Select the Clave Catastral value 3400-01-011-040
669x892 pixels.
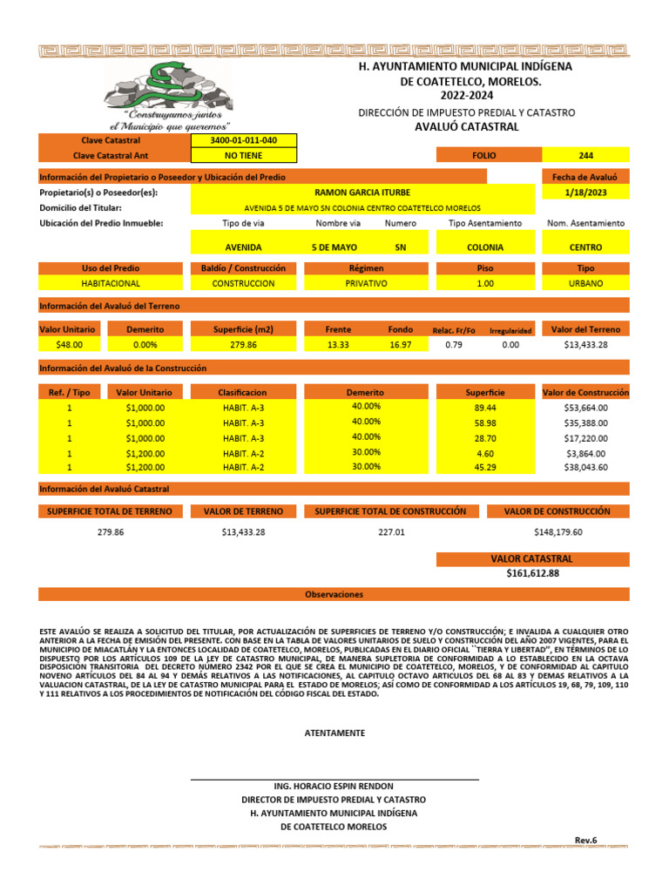pyautogui.click(x=244, y=140)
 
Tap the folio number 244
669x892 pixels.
pyautogui.click(x=585, y=155)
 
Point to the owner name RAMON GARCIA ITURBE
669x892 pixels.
pyautogui.click(x=362, y=192)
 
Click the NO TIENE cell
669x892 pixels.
pyautogui.click(x=244, y=155)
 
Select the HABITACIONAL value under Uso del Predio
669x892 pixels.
pyautogui.click(x=111, y=283)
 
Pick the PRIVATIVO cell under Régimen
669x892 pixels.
pyautogui.click(x=367, y=283)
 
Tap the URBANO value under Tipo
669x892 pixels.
pyautogui.click(x=585, y=283)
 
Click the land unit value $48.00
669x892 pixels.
pyautogui.click(x=68, y=345)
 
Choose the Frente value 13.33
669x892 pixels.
pyautogui.click(x=338, y=345)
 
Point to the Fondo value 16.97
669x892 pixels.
pyautogui.click(x=401, y=345)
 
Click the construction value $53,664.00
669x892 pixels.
pyautogui.click(x=585, y=407)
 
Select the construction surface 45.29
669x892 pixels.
pyautogui.click(x=485, y=467)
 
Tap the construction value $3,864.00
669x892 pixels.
pyautogui.click(x=585, y=453)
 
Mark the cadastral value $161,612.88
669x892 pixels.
pyautogui.click(x=532, y=574)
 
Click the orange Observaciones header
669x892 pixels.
pyautogui.click(x=334, y=594)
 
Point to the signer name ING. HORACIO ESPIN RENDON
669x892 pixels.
pyautogui.click(x=334, y=786)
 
